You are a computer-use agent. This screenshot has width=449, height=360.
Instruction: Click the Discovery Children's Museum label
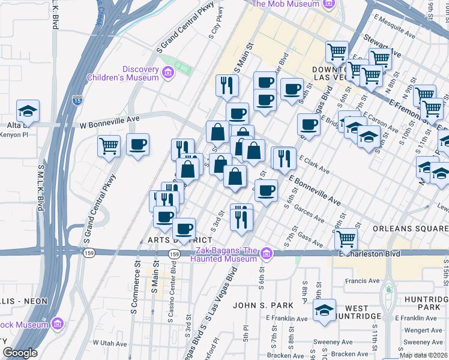coord(123,73)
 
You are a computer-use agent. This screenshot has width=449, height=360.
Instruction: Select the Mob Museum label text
coord(285,4)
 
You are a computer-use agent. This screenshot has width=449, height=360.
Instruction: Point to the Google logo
coord(20,353)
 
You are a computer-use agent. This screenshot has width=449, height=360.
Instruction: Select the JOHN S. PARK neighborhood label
coord(263,305)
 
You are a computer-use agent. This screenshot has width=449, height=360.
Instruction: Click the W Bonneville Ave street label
coord(110,125)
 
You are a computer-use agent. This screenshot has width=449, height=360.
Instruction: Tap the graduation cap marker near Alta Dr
coord(28,111)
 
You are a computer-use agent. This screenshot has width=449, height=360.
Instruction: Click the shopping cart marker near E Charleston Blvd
coord(346,239)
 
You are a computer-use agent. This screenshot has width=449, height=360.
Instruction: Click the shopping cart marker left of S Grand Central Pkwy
coord(109,146)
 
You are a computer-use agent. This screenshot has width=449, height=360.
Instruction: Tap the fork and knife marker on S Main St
coord(226,86)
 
